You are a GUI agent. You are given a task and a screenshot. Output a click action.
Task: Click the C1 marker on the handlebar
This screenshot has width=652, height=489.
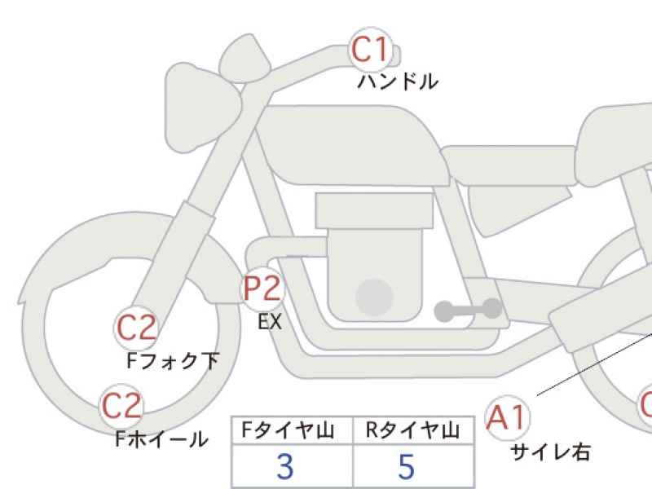point(371,50)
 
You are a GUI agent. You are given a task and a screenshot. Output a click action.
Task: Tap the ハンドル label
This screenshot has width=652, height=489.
point(398,81)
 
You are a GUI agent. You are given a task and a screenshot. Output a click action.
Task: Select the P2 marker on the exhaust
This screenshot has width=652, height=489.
point(262,289)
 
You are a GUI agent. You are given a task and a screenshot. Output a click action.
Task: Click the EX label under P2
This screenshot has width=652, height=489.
point(270,321)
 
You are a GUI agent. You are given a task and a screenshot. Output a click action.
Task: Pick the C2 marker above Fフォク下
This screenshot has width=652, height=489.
point(136,328)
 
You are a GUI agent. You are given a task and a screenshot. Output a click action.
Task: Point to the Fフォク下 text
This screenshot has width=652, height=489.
point(173,360)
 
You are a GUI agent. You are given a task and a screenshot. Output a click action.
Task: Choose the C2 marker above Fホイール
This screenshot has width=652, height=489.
point(121,406)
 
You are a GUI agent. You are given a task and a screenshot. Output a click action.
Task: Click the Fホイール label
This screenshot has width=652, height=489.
point(161,439)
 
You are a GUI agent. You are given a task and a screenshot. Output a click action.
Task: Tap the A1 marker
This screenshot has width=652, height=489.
point(508,417)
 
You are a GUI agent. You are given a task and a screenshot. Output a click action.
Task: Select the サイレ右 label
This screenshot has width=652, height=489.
point(550,452)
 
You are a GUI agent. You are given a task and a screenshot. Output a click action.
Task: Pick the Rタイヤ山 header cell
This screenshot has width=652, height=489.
point(413,430)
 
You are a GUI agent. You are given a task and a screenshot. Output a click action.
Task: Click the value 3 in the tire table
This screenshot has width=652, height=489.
point(285,466)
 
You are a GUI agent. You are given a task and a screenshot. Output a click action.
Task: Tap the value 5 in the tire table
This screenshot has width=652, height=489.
point(406,466)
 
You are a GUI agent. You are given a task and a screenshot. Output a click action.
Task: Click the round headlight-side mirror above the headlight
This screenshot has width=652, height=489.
point(244,59)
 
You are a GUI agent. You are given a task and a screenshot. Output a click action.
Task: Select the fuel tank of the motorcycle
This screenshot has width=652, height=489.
point(351,146)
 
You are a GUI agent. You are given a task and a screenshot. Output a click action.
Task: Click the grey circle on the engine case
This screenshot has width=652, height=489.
point(375,297)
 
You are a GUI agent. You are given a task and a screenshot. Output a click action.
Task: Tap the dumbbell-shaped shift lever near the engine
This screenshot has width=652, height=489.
point(468,310)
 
